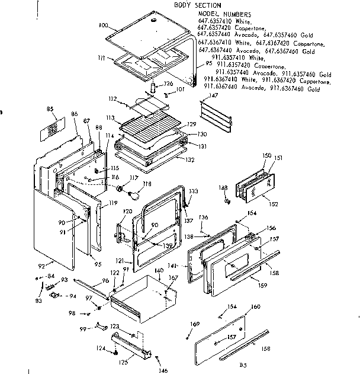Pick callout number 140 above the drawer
(159, 270)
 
